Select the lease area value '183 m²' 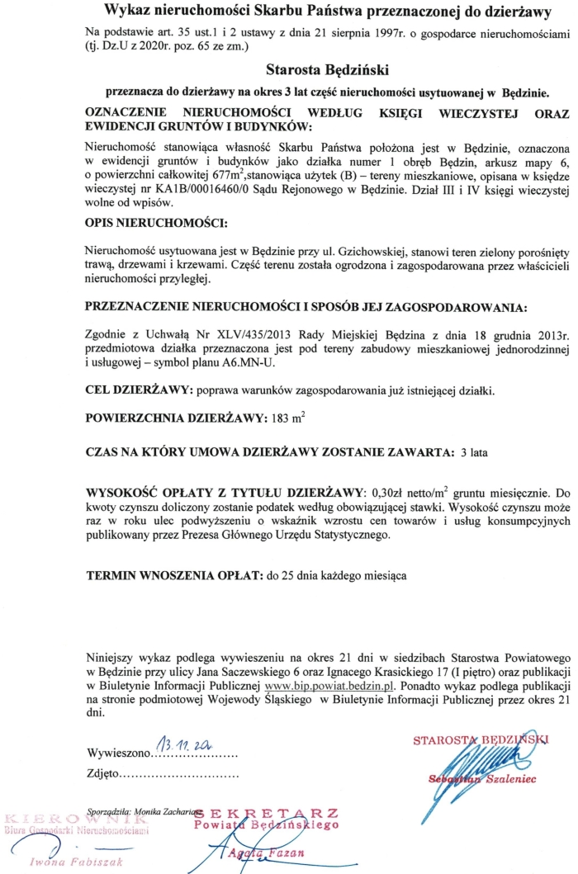point(287,418)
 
